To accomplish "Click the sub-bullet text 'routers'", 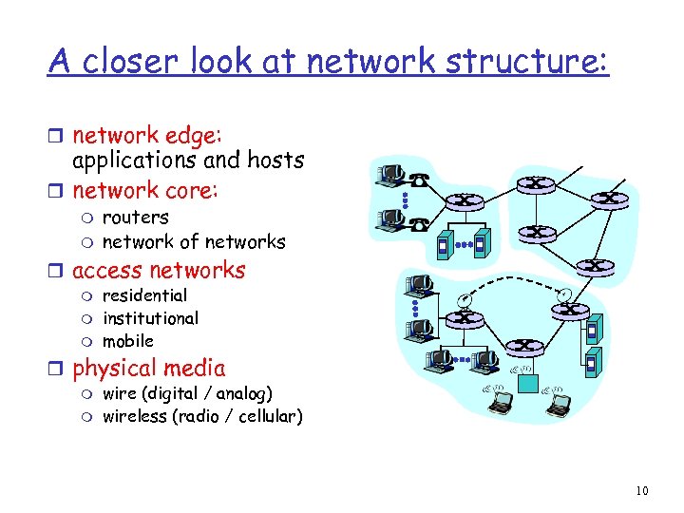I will [x=135, y=218].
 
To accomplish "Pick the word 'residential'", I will [x=144, y=295].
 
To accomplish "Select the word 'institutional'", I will [x=150, y=318].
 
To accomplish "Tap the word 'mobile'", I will [x=127, y=341].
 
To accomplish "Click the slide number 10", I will [x=642, y=490].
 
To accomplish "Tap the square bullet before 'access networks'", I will [x=59, y=272].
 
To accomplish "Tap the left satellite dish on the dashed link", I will [x=464, y=300].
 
